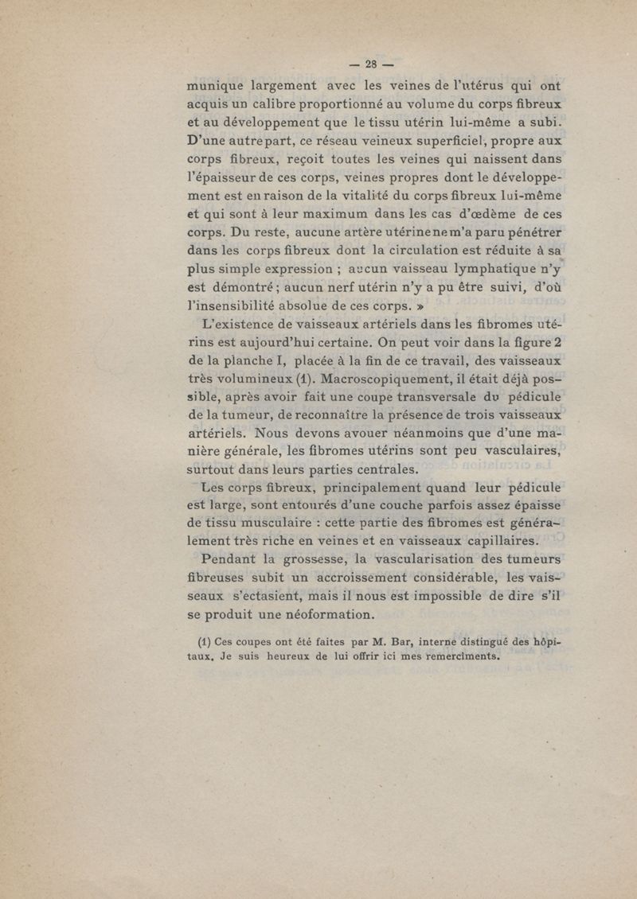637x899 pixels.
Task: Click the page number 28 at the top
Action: coord(371,64)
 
